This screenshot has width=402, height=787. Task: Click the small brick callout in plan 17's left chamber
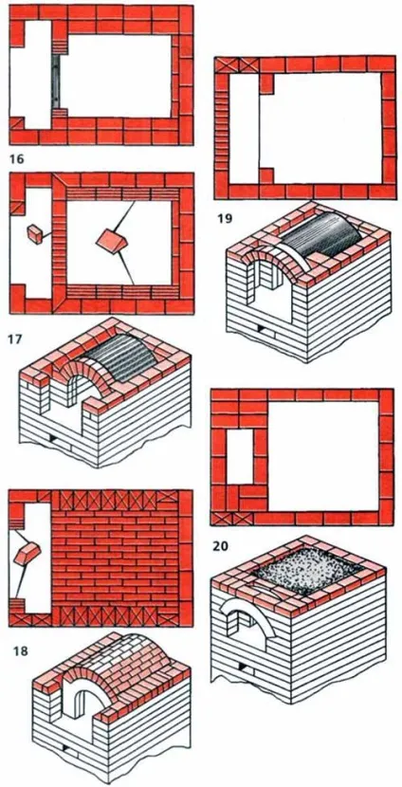coord(35,234)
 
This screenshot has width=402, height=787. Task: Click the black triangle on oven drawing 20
coord(244,666)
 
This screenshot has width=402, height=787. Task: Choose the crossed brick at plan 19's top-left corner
coord(227,64)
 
